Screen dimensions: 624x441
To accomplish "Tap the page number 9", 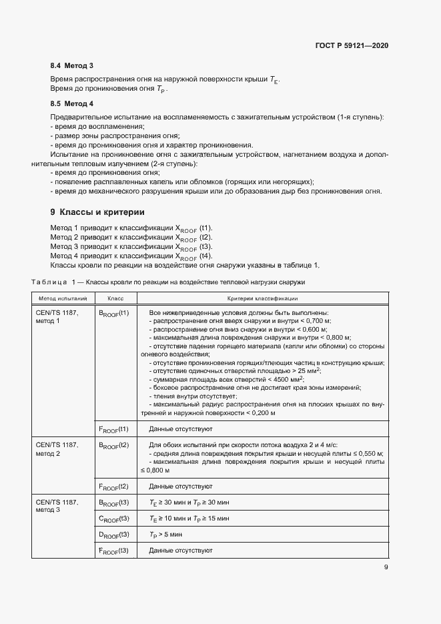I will [x=386, y=568].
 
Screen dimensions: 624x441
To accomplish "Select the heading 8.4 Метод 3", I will [x=71, y=65].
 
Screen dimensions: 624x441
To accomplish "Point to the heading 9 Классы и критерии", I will [x=97, y=212].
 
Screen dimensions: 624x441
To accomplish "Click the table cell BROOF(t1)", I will [x=113, y=312].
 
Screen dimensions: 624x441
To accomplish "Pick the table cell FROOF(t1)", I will [x=113, y=428].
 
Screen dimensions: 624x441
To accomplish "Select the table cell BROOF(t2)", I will [x=113, y=444].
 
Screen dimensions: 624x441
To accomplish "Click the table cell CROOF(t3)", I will [x=113, y=518].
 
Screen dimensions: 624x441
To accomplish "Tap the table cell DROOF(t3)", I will [x=113, y=535].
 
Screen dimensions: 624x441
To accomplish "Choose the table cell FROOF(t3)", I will [x=113, y=551].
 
